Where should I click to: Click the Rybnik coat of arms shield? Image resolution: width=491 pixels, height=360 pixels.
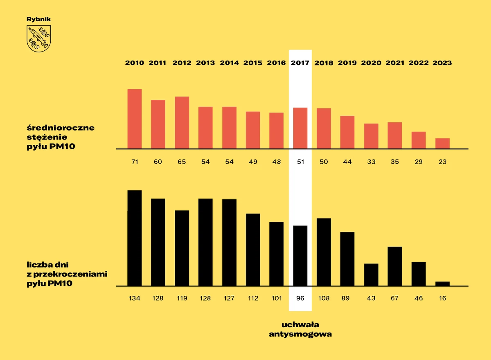(x=38, y=38)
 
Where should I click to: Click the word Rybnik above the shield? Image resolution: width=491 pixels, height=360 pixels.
(x=38, y=19)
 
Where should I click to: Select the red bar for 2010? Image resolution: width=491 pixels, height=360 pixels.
(x=135, y=119)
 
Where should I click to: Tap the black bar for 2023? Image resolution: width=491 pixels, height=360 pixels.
(x=442, y=283)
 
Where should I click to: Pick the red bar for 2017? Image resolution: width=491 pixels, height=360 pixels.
(x=300, y=128)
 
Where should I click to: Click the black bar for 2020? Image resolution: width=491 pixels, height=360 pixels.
(x=371, y=274)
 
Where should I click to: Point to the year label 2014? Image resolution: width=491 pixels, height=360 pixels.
(x=229, y=63)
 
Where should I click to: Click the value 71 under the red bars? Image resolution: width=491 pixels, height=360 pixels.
(x=135, y=162)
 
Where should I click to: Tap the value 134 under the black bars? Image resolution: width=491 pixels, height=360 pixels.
(x=135, y=298)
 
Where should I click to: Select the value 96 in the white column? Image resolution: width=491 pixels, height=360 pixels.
(x=300, y=298)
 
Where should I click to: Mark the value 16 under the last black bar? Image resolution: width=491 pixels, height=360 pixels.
(x=442, y=298)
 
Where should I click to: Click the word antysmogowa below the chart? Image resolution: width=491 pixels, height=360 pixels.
(x=300, y=334)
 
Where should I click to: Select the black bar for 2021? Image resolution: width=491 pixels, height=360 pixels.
(x=394, y=266)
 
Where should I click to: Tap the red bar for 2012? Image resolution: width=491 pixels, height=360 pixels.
(x=182, y=122)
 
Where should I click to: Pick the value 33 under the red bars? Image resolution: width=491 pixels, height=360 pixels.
(x=371, y=162)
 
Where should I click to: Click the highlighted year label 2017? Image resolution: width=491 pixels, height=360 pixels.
(x=300, y=63)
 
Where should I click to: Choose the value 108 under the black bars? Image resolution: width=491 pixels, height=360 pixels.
(x=324, y=298)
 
